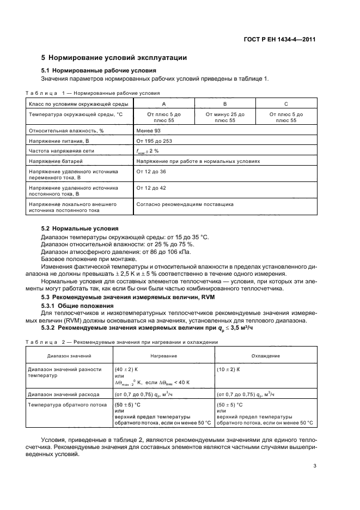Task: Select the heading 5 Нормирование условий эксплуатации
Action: click(114, 57)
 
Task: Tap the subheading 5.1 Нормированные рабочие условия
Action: click(99, 71)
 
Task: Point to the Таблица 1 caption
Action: click(93, 93)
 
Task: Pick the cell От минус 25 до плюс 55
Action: click(224, 117)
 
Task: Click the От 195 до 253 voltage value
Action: click(154, 141)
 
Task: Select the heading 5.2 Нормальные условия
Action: click(80, 228)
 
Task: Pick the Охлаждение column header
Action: click(265, 355)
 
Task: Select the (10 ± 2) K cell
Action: click(229, 369)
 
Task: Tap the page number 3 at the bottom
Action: click(314, 465)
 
